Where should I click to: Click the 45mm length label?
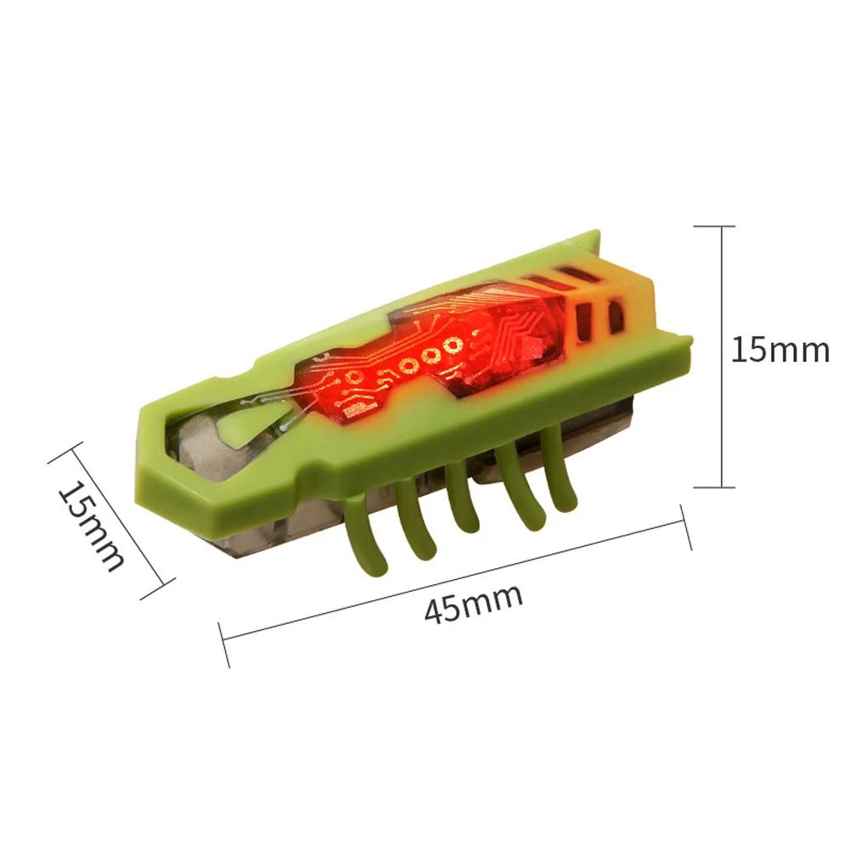pyautogui.click(x=473, y=603)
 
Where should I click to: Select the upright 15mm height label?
pyautogui.click(x=780, y=350)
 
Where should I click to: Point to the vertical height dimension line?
pyautogui.click(x=721, y=356)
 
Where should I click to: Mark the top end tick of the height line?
pyautogui.click(x=714, y=226)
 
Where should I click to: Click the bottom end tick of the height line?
pyautogui.click(x=714, y=487)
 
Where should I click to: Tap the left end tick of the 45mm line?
pyautogui.click(x=223, y=645)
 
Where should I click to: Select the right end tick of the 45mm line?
pyautogui.click(x=686, y=527)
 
